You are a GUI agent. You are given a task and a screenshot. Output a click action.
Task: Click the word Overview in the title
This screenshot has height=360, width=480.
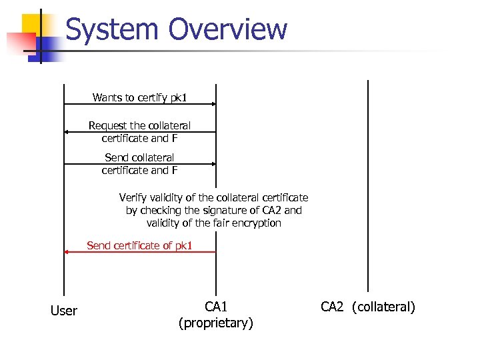click(x=228, y=30)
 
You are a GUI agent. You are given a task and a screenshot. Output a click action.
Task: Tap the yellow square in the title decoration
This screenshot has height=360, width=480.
click(x=34, y=25)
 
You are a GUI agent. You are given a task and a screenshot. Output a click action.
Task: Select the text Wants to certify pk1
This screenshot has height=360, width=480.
click(x=139, y=98)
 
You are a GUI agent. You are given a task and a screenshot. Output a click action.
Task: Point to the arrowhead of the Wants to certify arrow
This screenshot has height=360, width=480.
click(x=213, y=104)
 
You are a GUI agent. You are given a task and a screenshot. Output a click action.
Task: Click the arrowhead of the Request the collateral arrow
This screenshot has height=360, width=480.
click(x=67, y=132)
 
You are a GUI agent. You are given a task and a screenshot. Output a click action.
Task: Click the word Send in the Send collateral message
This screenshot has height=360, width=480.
click(x=117, y=158)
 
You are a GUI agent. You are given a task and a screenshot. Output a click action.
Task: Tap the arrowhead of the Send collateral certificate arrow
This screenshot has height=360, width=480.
click(x=213, y=163)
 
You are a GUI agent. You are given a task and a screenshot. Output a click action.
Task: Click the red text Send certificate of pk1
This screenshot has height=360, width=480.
click(x=139, y=246)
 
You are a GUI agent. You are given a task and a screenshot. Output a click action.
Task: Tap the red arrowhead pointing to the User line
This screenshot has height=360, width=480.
click(x=67, y=252)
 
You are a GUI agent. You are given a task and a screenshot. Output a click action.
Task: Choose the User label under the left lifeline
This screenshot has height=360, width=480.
click(x=64, y=311)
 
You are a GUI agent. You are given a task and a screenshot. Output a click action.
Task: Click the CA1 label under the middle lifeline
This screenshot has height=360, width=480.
click(x=216, y=307)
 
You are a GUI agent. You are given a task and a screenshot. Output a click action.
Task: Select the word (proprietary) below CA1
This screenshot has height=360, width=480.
click(x=216, y=324)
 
